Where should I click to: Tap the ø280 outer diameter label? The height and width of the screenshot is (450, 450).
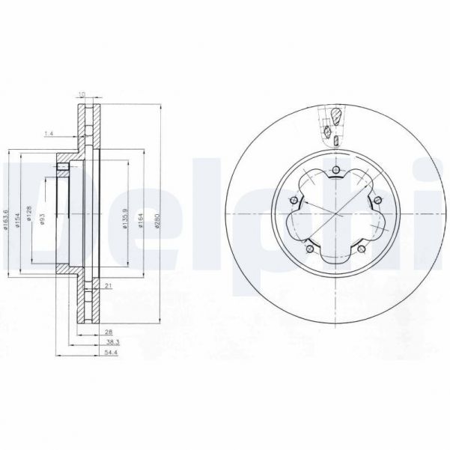(156, 218)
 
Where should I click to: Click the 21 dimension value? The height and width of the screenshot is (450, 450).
(109, 285)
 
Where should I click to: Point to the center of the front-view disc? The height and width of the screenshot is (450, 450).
(335, 216)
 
